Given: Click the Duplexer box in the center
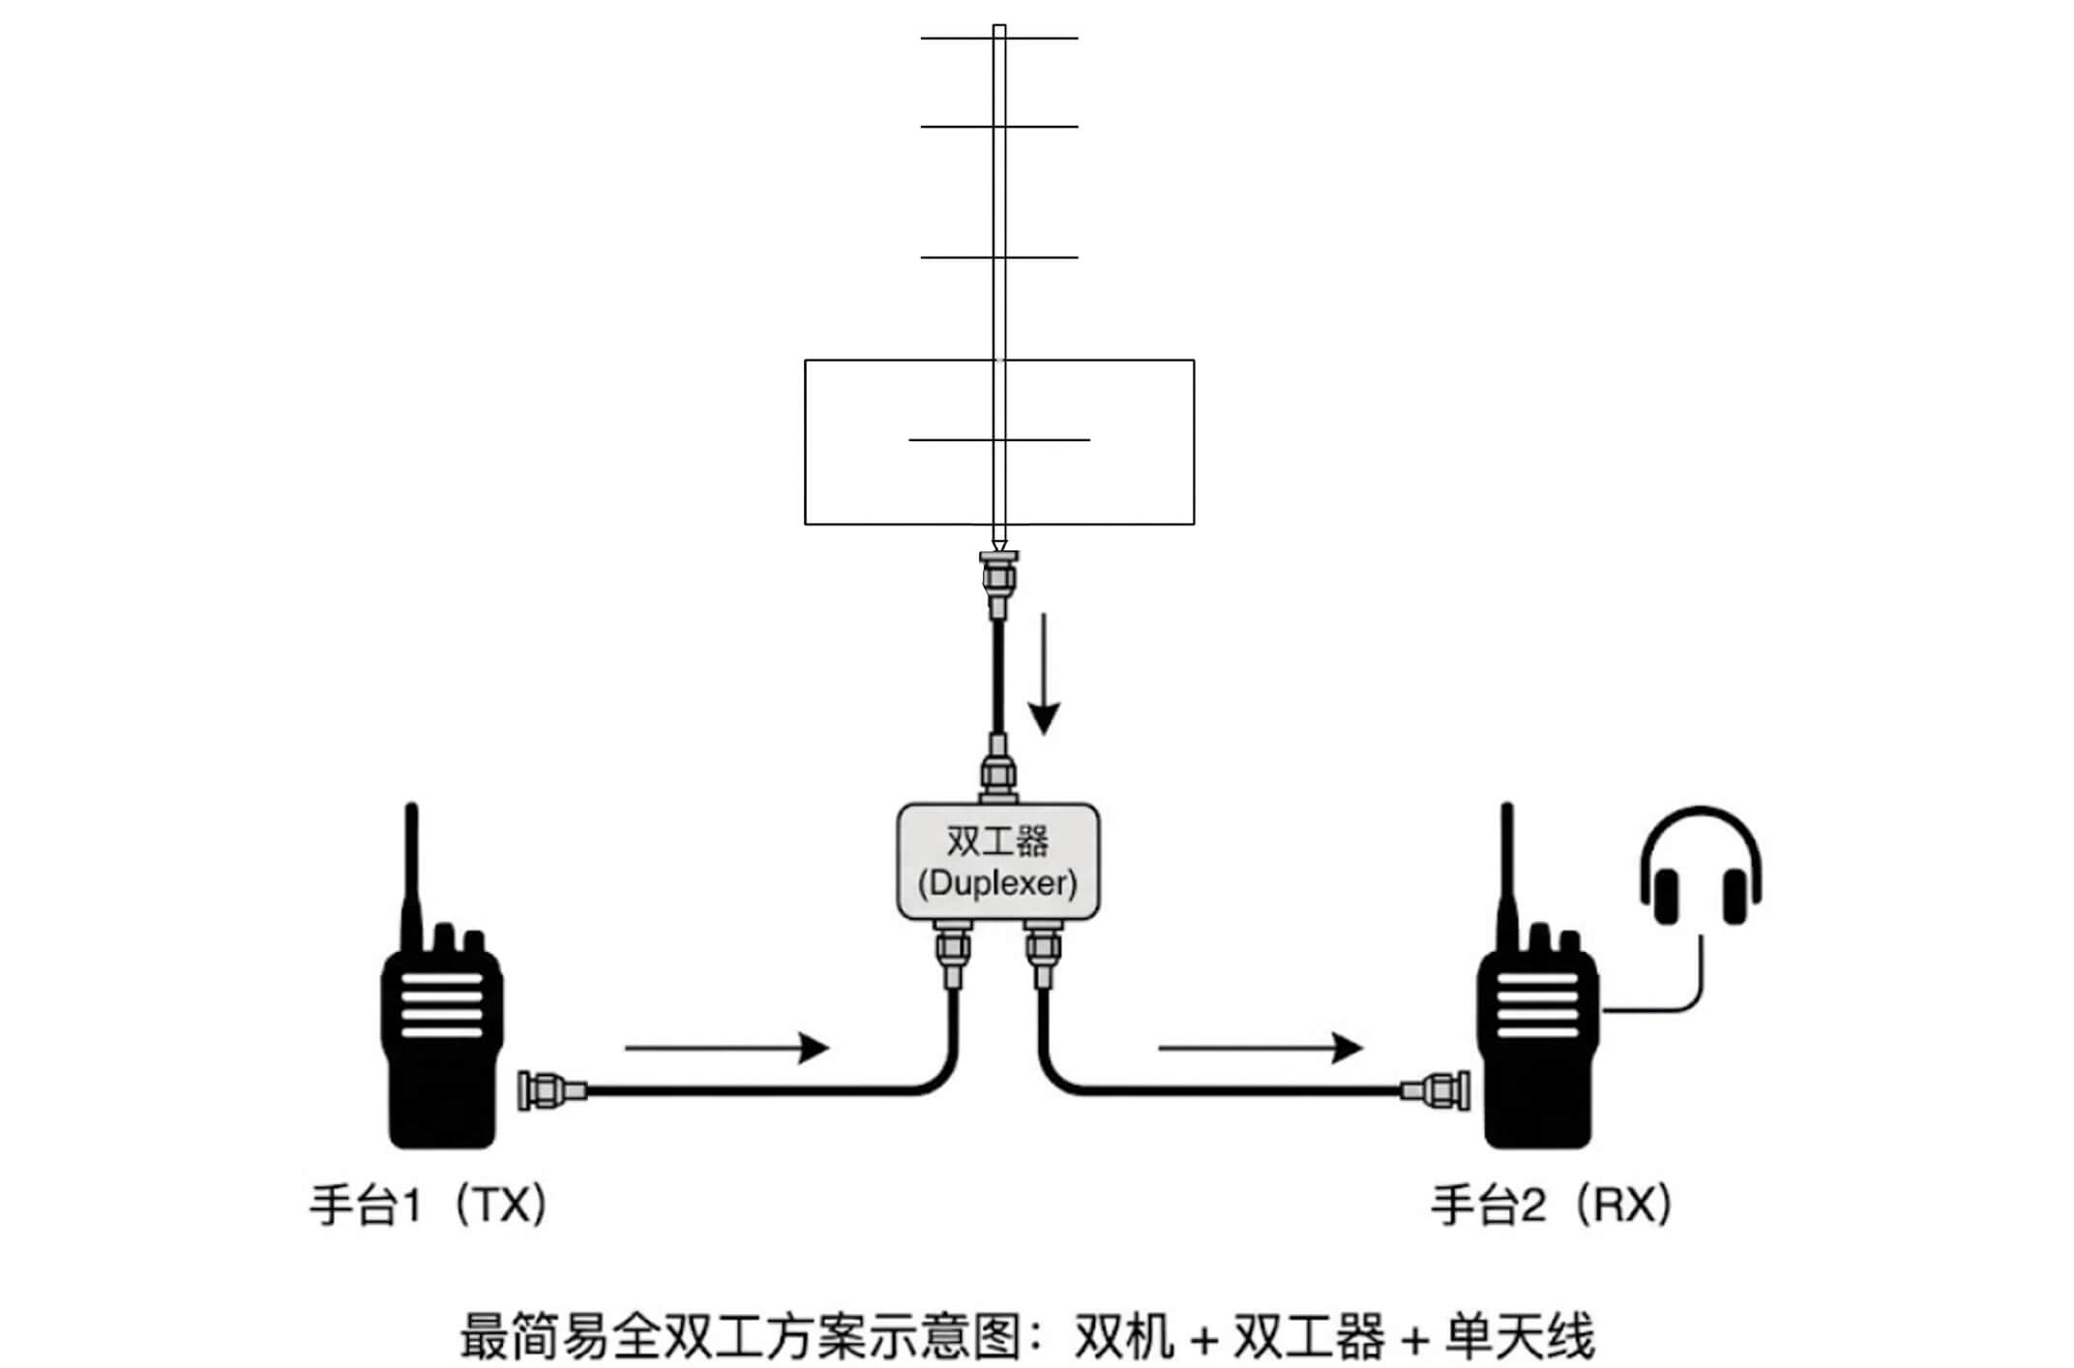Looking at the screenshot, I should pyautogui.click(x=997, y=861).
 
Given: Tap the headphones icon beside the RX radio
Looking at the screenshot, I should pyautogui.click(x=1700, y=867).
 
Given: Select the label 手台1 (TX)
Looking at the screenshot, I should pyautogui.click(x=429, y=1206).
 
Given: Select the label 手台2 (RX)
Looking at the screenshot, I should pyautogui.click(x=1552, y=1206).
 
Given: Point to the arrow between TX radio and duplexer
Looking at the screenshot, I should pyautogui.click(x=726, y=1047).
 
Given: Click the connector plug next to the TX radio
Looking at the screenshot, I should pyautogui.click(x=551, y=1090).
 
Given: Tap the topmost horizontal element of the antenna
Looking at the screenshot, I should pyautogui.click(x=998, y=39).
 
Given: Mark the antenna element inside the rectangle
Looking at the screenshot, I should pyautogui.click(x=998, y=440).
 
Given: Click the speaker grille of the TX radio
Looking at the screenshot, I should pyautogui.click(x=442, y=1006).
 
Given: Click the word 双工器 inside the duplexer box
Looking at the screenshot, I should pyautogui.click(x=997, y=842).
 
